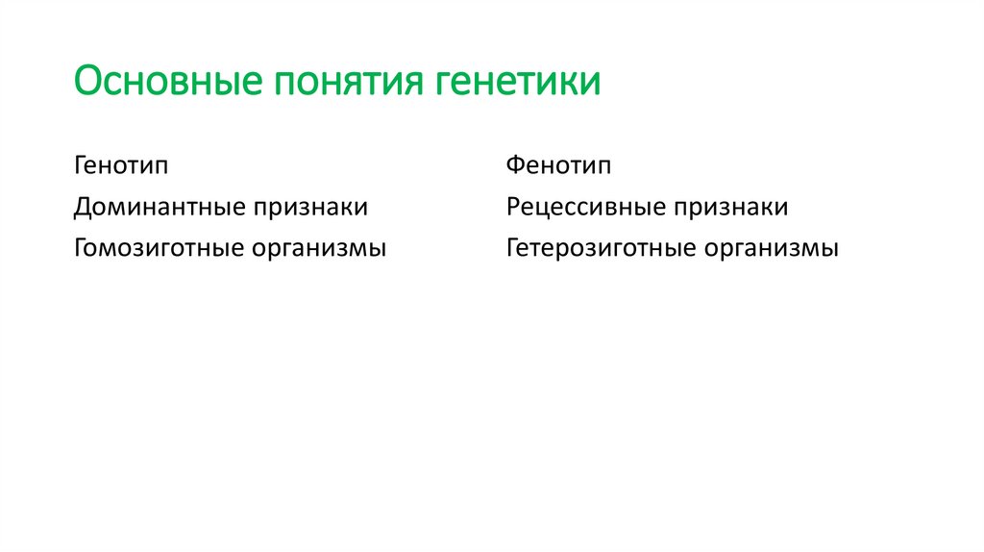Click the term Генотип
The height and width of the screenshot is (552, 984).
click(121, 165)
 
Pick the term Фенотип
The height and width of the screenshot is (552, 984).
click(558, 165)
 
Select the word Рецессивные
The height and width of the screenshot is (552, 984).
click(588, 207)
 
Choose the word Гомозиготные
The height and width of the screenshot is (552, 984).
click(160, 248)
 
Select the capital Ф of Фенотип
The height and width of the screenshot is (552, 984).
click(515, 165)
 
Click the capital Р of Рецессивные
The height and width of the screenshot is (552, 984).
click(514, 207)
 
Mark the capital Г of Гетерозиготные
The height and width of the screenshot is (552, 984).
click(513, 248)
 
